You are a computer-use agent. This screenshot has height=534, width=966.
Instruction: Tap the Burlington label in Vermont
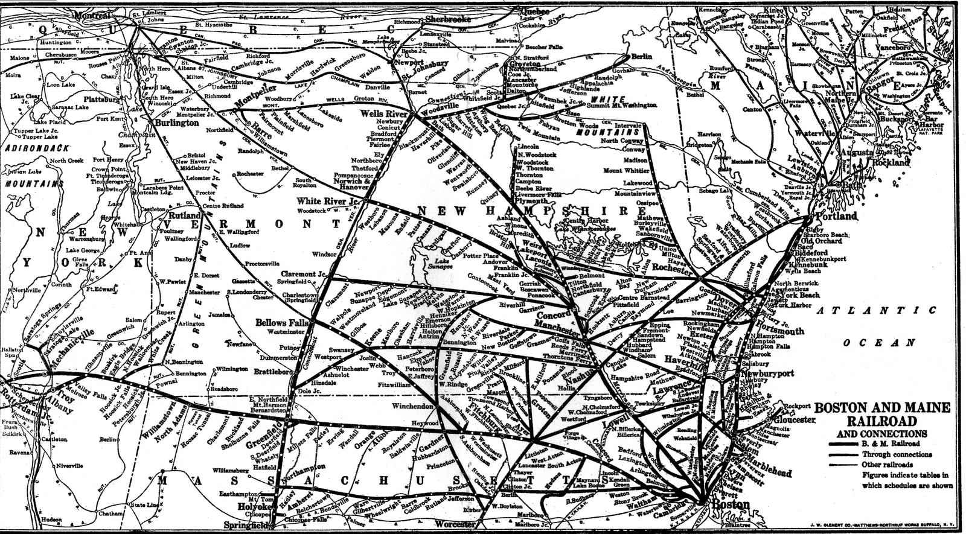point(177,122)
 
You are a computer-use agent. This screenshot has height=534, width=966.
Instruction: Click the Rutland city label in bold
point(185,215)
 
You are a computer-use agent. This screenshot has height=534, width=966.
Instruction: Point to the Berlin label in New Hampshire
point(641,56)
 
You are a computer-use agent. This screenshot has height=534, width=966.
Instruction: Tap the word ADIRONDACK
point(36,147)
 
